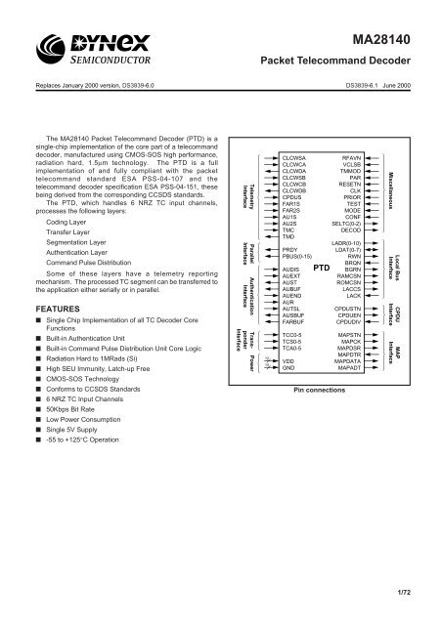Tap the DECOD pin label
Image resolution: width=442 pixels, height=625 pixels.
[x=350, y=230]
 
